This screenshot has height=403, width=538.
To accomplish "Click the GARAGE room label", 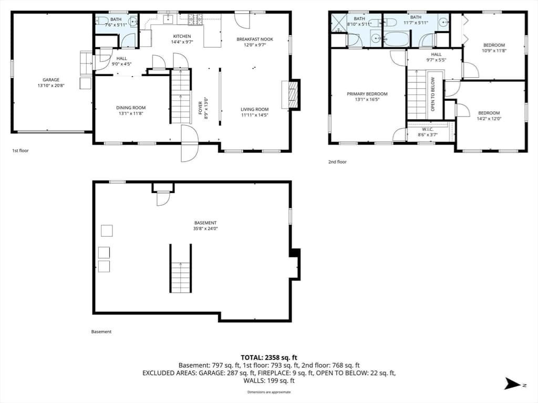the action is [51, 80].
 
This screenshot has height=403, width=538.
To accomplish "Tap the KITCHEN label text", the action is [182, 36].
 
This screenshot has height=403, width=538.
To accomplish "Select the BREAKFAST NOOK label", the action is [255, 39].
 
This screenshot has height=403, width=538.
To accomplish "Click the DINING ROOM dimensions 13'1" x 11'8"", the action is [131, 113].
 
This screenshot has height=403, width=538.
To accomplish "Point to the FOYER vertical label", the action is [200, 108].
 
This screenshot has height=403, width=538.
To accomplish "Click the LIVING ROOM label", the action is [255, 110].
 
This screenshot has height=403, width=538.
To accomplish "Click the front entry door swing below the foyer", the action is [190, 143].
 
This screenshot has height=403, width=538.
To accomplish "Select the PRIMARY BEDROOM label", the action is [367, 94].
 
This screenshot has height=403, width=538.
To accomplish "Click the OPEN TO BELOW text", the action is [433, 94].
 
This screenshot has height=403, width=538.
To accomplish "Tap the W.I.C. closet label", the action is [428, 130].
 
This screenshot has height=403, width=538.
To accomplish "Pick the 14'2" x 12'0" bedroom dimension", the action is [489, 119].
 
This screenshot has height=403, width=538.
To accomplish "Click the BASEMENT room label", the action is [205, 222].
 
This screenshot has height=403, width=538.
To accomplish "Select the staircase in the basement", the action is [181, 268].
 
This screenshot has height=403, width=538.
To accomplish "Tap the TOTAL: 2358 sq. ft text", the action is [269, 358].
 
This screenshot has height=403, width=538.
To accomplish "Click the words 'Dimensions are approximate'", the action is [269, 392].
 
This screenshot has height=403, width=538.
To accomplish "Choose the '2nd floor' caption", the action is [337, 162].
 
